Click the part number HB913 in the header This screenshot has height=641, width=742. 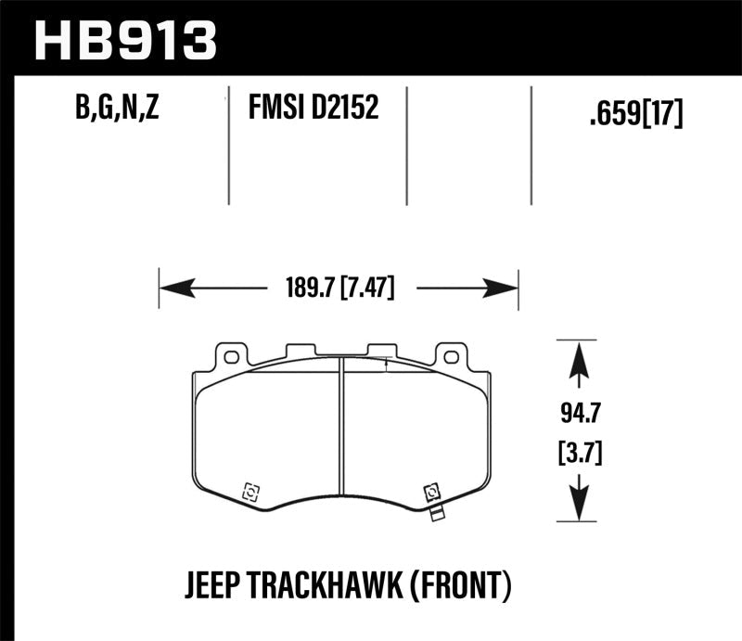click(x=125, y=40)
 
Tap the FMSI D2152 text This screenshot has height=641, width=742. click(x=313, y=110)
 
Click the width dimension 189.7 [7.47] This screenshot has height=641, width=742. click(x=338, y=288)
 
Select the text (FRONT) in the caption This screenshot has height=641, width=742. click(x=466, y=585)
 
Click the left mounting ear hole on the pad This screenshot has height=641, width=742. click(x=229, y=356)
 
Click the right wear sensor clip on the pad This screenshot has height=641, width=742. click(x=431, y=494)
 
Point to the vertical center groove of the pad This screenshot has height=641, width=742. click(x=339, y=436)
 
